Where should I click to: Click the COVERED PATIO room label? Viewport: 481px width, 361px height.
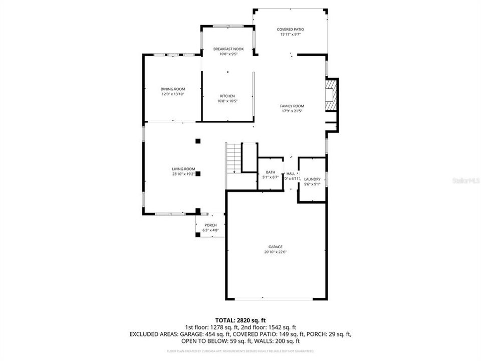(x=290, y=30)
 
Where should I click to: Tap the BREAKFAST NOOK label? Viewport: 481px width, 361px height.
(x=228, y=49)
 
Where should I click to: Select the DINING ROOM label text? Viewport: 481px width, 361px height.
(x=173, y=89)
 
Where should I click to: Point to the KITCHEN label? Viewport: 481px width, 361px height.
(x=227, y=96)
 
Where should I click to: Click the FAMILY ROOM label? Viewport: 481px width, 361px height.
(x=292, y=106)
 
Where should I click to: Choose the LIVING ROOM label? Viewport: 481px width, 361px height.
(x=183, y=169)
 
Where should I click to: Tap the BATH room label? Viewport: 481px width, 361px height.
(x=270, y=172)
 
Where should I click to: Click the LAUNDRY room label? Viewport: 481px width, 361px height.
(x=312, y=179)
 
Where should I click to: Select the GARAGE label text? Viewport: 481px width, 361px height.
(x=275, y=247)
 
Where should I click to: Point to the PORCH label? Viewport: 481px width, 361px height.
(x=210, y=225)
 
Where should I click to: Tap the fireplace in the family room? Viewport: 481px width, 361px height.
(x=331, y=95)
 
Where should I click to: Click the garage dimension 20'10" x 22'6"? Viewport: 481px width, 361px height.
(x=275, y=252)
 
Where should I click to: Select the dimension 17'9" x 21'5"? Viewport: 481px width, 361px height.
(x=292, y=111)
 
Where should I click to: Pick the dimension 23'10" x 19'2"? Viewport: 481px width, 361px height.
(x=183, y=174)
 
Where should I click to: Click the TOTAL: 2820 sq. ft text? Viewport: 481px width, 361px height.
(x=240, y=319)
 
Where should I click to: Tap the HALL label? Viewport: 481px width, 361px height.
(x=291, y=173)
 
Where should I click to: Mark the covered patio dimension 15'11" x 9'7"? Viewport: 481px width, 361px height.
(x=290, y=35)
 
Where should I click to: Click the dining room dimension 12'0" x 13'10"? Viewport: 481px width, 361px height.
(x=173, y=94)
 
